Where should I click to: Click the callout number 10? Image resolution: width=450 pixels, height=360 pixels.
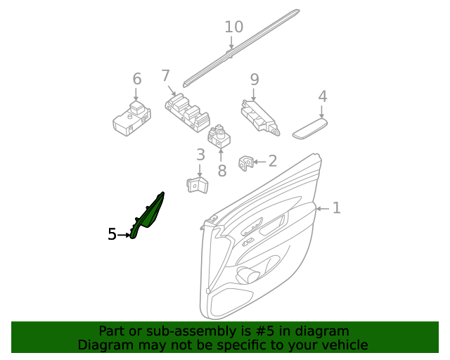[233, 27]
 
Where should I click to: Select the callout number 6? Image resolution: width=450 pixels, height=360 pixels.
[136, 79]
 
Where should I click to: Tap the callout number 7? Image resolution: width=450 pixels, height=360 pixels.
[166, 75]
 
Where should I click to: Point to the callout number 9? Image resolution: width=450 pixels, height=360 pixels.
[255, 79]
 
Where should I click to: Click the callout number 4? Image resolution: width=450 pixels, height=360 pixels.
[322, 96]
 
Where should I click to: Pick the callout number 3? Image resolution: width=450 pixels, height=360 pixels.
[200, 155]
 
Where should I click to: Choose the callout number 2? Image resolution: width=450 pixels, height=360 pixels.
[272, 161]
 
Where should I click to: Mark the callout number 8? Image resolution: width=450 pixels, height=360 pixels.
[221, 170]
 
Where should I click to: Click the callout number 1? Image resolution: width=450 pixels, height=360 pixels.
[336, 208]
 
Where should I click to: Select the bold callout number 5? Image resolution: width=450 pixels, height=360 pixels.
[112, 235]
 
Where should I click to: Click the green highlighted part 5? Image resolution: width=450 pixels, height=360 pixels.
[148, 214]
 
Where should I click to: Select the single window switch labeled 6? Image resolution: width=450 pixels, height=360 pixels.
[131, 117]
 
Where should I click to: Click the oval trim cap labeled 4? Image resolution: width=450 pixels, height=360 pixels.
[309, 127]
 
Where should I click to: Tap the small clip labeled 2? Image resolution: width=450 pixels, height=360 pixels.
[246, 162]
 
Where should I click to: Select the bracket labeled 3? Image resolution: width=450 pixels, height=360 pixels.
[198, 185]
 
